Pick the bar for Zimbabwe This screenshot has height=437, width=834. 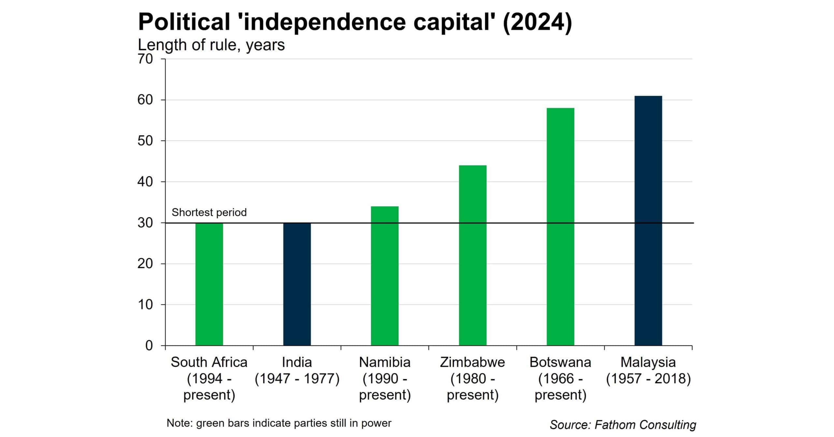pyautogui.click(x=473, y=255)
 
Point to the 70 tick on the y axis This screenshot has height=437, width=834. pyautogui.click(x=145, y=59)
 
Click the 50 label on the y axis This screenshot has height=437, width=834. pyautogui.click(x=145, y=141)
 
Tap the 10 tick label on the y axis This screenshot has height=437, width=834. pyautogui.click(x=145, y=305)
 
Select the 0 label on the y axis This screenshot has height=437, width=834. pyautogui.click(x=149, y=346)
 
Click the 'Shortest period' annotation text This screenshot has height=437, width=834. pyautogui.click(x=209, y=212)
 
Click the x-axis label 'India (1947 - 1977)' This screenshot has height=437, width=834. pyautogui.click(x=297, y=371)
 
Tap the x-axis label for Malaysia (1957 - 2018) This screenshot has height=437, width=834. pyautogui.click(x=648, y=371)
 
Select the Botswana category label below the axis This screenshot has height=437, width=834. pyautogui.click(x=560, y=378)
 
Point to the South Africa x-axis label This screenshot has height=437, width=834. pyautogui.click(x=209, y=378)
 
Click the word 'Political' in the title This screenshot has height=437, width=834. pyautogui.click(x=184, y=22)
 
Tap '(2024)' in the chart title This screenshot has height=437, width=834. pyautogui.click(x=537, y=22)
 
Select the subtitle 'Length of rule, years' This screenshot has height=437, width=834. pyautogui.click(x=211, y=45)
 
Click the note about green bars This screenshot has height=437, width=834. pyautogui.click(x=279, y=423)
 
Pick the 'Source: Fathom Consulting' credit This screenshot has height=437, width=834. pyautogui.click(x=623, y=425)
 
